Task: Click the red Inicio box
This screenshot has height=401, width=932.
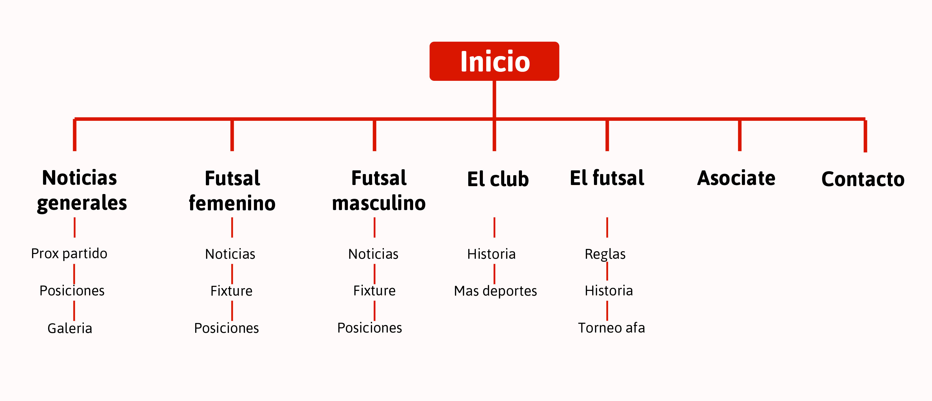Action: (x=494, y=61)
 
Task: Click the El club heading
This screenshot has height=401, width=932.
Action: (x=498, y=179)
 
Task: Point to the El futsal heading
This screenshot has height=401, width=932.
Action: (x=607, y=178)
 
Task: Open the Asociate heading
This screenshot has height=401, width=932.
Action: (x=736, y=178)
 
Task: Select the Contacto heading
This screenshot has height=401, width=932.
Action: (x=863, y=179)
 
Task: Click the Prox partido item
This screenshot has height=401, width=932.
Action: (x=69, y=253)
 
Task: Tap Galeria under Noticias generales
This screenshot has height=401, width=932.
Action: (x=70, y=328)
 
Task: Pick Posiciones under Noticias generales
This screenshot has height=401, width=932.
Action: (x=72, y=291)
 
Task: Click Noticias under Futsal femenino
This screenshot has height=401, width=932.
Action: (x=230, y=254)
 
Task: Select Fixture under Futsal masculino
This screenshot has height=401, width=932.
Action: (x=375, y=291)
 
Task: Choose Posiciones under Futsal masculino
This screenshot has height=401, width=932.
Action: (x=370, y=328)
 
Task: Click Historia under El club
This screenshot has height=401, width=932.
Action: (x=491, y=254)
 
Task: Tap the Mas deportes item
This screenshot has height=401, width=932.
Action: (x=495, y=291)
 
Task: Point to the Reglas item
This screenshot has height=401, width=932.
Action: (x=605, y=254)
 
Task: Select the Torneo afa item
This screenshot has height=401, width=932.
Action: (x=611, y=328)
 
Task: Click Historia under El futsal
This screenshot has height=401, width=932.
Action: (x=609, y=291)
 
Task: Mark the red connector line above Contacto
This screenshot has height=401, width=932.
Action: (x=865, y=135)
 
